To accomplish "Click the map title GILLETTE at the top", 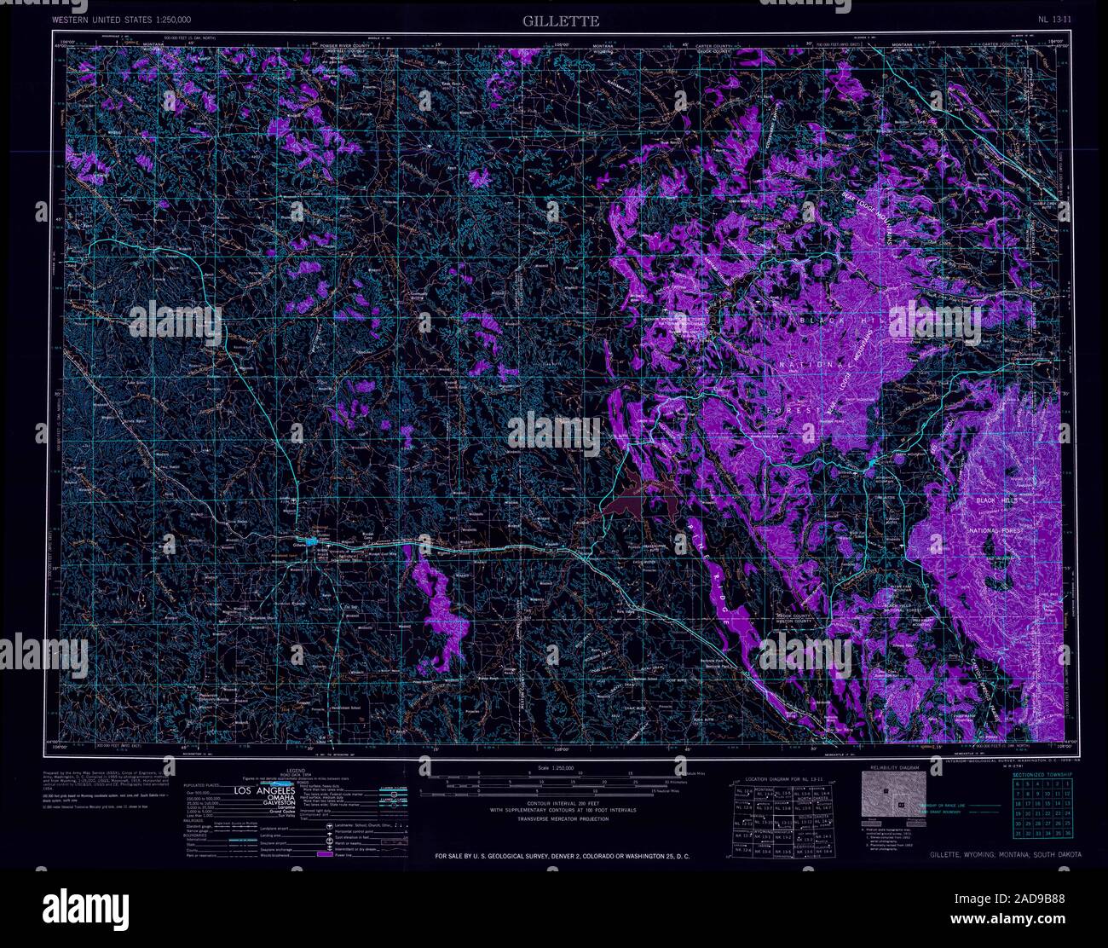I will pos(562,20).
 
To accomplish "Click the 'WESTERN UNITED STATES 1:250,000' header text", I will pos(121,19).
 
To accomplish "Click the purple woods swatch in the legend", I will pos(324,853).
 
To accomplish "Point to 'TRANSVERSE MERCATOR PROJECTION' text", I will pos(549,818).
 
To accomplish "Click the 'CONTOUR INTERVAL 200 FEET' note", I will pos(549,803).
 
